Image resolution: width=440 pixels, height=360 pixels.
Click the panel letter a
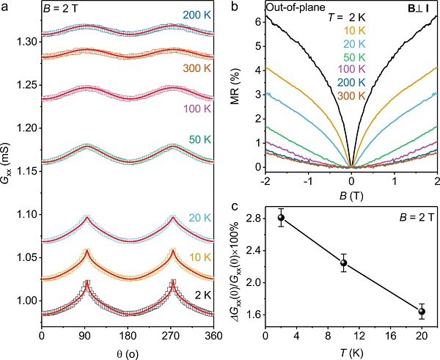click(x=5, y=6)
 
